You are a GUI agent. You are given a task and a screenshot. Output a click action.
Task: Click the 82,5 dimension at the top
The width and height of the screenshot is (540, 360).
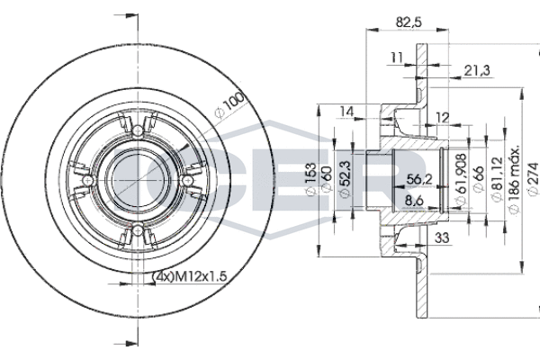(409, 22)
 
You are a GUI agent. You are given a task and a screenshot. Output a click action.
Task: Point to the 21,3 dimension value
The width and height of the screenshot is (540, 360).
(477, 70)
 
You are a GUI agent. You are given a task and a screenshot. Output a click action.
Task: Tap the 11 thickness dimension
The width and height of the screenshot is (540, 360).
(396, 58)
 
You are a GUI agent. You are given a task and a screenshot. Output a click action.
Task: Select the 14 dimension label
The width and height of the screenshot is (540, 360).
(347, 112)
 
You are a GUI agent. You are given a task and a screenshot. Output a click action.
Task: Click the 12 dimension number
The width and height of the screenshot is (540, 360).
(443, 118)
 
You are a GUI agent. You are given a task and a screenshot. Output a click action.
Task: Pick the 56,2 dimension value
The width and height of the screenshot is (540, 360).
(419, 179)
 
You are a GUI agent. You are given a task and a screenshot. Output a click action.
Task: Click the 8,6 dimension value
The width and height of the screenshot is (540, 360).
(414, 201)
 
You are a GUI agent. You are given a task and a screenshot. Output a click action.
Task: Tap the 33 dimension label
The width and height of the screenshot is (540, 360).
(442, 238)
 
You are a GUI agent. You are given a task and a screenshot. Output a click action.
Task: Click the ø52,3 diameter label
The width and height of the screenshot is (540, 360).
(346, 179)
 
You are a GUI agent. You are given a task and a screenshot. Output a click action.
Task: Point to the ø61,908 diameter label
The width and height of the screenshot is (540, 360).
(461, 179)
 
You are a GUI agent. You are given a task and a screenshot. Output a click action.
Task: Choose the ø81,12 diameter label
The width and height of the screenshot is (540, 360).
(496, 179)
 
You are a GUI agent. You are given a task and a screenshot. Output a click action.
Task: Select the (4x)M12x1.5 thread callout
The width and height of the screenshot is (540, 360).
(189, 276)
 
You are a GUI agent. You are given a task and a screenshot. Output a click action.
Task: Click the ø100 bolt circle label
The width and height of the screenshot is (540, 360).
(229, 103)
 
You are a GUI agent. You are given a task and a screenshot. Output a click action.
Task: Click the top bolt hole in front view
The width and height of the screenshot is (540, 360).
(138, 130)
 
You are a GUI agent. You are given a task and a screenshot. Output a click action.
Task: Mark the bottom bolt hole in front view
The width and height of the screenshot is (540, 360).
(138, 229)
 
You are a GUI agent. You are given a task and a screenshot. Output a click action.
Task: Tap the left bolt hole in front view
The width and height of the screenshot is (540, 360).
(88, 180)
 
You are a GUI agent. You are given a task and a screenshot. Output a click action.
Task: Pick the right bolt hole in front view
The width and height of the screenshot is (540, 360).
(187, 180)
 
